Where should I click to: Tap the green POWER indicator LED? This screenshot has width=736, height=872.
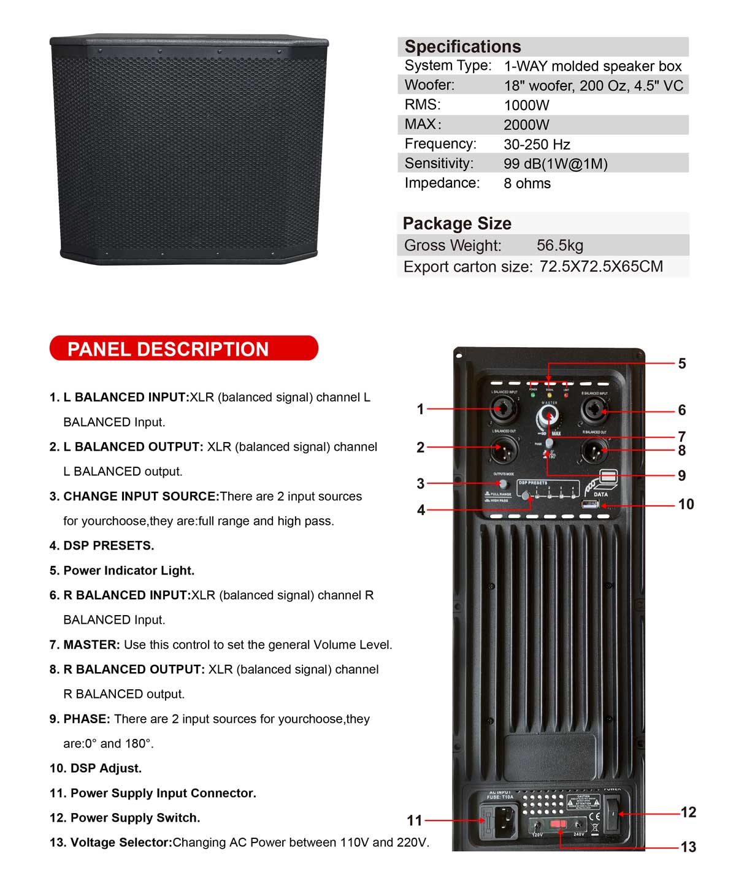coord(533,396)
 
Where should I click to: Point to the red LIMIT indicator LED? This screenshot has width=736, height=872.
coord(565,396)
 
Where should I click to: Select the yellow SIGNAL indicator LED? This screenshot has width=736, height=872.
coord(550,396)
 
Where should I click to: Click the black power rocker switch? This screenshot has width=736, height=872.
coord(611,814)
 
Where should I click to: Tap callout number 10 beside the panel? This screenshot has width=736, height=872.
coord(686,504)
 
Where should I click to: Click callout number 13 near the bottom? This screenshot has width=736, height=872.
coord(688,847)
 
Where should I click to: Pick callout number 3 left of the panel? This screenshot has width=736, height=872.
coord(421,483)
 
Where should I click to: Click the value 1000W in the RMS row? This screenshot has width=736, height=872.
coord(526,105)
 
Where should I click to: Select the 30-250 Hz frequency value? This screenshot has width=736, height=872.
coord(537,144)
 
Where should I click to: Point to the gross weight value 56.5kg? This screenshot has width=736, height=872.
coord(559,245)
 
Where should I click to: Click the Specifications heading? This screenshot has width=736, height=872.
coord(462,47)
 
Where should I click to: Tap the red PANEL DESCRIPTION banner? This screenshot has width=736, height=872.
coord(183,348)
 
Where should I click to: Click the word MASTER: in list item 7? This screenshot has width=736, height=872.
coord(91,644)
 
